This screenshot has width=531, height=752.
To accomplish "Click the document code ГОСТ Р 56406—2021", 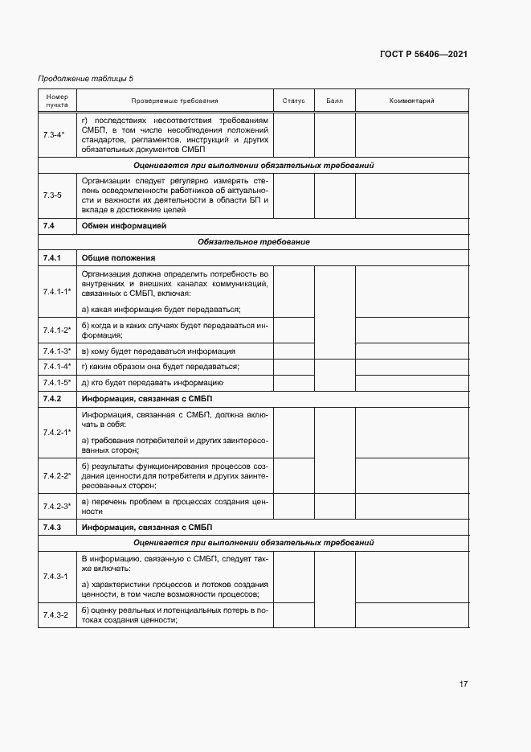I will [423, 55].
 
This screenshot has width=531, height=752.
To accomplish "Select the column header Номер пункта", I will [57, 101].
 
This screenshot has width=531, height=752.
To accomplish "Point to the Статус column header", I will [294, 101].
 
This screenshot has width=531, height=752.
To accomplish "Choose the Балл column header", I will [334, 101].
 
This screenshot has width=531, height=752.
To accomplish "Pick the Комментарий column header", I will [411, 101].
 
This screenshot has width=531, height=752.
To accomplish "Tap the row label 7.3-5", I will [53, 195].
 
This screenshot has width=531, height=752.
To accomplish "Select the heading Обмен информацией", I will [124, 226].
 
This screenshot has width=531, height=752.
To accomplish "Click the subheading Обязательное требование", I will [253, 241].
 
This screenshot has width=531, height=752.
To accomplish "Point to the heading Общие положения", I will [118, 257].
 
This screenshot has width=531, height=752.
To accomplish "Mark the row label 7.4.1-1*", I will [57, 291].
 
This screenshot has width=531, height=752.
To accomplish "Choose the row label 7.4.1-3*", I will [57, 351].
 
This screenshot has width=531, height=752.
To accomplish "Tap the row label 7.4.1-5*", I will [57, 382].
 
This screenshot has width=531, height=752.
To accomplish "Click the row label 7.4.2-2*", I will [57, 475].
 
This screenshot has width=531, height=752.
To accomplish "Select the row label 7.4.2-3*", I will [57, 506].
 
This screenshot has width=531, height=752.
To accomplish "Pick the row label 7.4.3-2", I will [55, 614].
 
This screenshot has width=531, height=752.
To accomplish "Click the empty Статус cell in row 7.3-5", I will [294, 195].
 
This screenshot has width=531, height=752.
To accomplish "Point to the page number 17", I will [464, 684].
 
